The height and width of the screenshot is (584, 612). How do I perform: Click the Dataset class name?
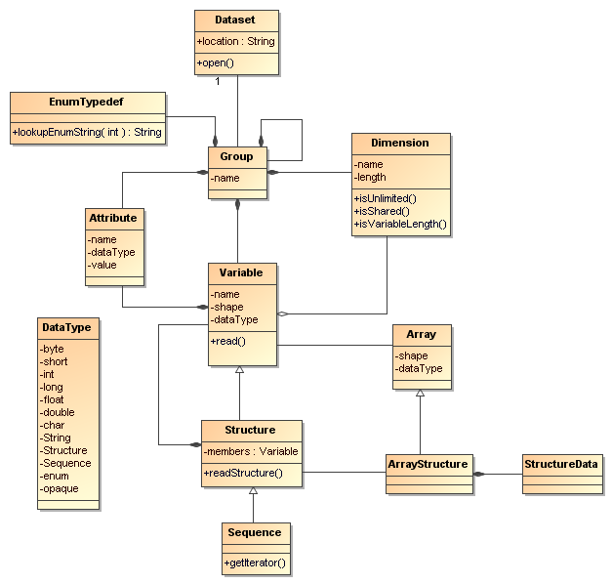pyautogui.click(x=236, y=19)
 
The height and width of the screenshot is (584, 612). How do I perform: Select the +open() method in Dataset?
pyautogui.click(x=216, y=63)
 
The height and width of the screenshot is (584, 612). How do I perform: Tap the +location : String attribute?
pyautogui.click(x=236, y=42)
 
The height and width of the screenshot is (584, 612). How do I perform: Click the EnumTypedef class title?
pyautogui.click(x=86, y=101)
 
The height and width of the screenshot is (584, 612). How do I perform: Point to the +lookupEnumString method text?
pyautogui.click(x=88, y=132)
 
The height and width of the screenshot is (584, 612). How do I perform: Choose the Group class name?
pyautogui.click(x=236, y=156)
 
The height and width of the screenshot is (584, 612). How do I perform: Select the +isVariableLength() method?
pyautogui.click(x=400, y=225)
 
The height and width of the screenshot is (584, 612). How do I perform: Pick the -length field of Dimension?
pyautogui.click(x=371, y=178)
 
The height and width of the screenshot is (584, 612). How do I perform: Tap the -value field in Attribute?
pyautogui.click(x=103, y=265)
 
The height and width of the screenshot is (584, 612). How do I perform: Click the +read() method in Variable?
pyautogui.click(x=228, y=341)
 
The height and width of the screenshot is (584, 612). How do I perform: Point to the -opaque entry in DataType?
pyautogui.click(x=60, y=488)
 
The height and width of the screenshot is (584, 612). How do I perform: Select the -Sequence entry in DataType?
pyautogui.click(x=65, y=463)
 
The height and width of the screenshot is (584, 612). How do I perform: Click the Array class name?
pyautogui.click(x=421, y=334)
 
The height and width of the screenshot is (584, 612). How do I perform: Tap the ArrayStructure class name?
pyautogui.click(x=428, y=463)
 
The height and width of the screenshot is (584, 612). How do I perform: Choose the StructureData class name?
pyautogui.click(x=560, y=463)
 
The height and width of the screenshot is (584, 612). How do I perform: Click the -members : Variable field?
pyautogui.click(x=251, y=451)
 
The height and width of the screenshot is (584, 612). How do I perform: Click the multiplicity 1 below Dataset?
pyautogui.click(x=217, y=81)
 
